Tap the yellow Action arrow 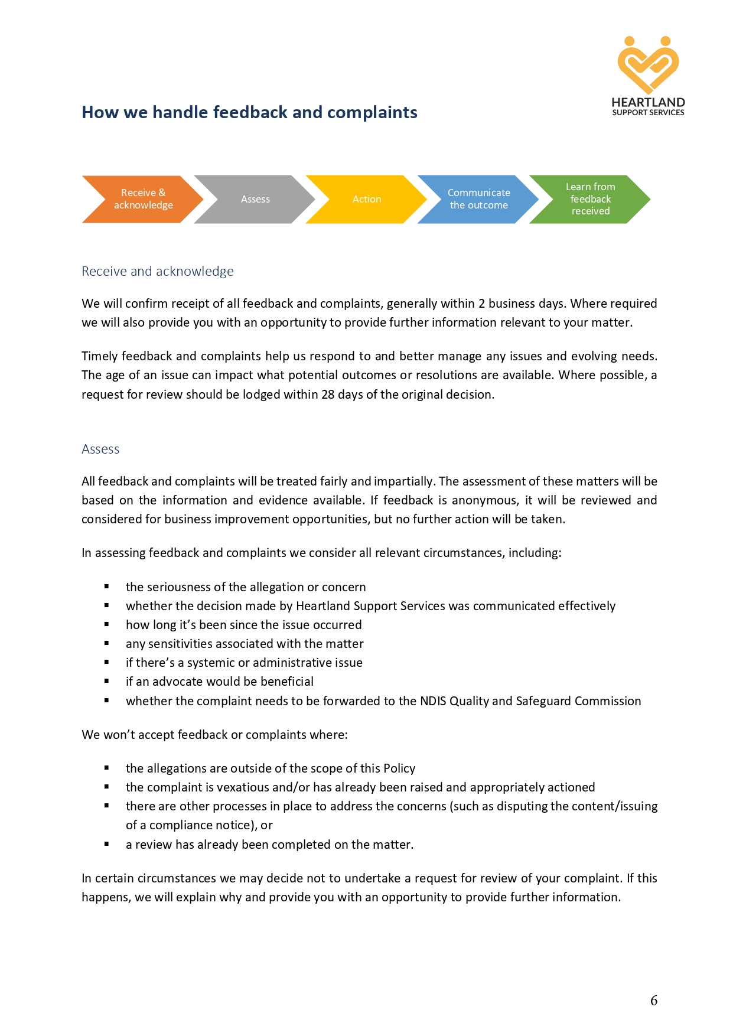click(x=367, y=200)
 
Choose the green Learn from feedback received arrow click(x=590, y=199)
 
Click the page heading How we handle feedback click(x=249, y=112)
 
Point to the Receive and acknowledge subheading click(x=158, y=271)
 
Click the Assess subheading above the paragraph click(x=100, y=449)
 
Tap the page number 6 click(x=654, y=1001)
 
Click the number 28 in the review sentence click(x=328, y=395)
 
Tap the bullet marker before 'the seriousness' click(x=107, y=587)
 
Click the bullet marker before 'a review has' click(x=107, y=844)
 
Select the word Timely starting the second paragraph click(x=99, y=356)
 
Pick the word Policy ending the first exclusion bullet click(x=399, y=768)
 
